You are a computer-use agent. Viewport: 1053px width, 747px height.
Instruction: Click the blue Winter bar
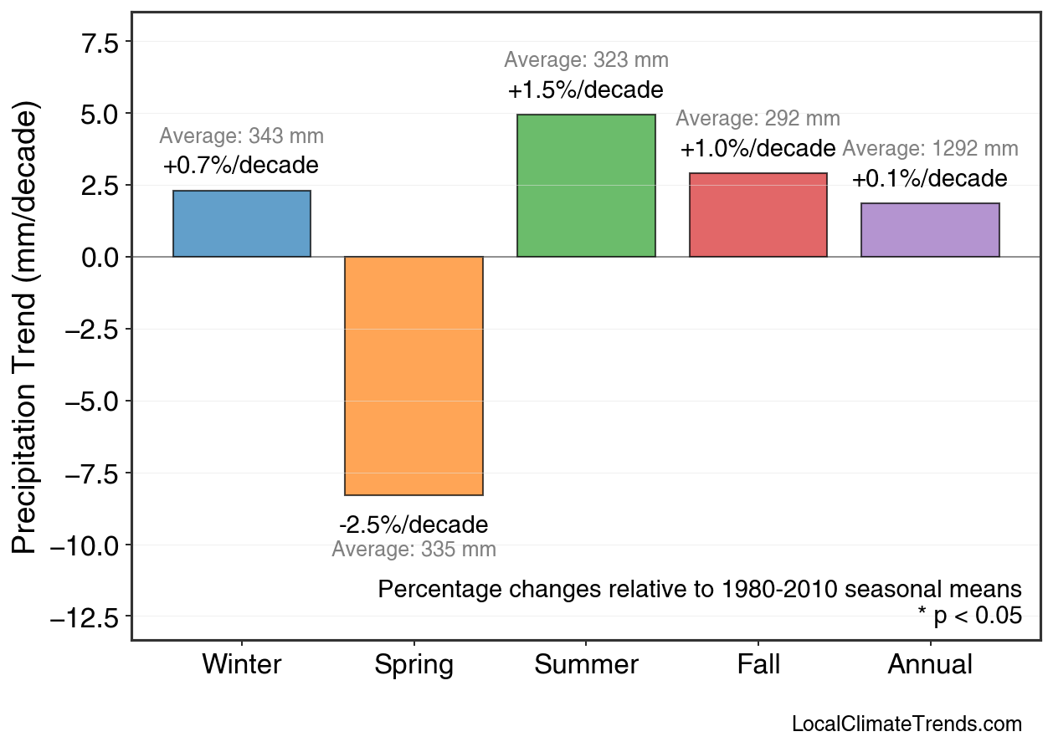(x=241, y=224)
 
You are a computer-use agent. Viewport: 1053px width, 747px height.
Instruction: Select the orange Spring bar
(x=413, y=376)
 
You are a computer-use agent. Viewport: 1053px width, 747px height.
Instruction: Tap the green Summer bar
(x=586, y=186)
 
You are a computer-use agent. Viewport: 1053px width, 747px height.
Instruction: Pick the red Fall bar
(x=758, y=215)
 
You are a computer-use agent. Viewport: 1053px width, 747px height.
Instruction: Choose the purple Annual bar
(x=930, y=230)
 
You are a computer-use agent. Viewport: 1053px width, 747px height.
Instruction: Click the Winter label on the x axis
(x=242, y=665)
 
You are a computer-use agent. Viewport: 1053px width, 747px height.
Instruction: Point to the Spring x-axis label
(x=413, y=665)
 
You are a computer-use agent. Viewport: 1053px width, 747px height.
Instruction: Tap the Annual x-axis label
(x=930, y=665)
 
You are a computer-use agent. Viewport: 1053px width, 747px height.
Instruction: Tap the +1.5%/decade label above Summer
(x=585, y=90)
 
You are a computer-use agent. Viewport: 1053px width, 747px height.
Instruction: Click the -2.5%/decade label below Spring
(x=413, y=525)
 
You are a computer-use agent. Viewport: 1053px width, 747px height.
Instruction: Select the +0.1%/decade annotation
(x=929, y=179)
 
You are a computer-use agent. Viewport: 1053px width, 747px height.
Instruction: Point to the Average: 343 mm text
(x=241, y=136)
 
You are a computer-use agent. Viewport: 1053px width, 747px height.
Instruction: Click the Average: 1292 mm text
(x=930, y=150)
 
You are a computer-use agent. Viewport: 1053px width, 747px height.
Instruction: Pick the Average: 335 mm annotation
(x=413, y=550)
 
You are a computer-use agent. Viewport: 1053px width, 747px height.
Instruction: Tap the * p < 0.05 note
(x=969, y=617)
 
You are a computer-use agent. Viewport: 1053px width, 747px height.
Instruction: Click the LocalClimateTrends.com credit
(x=907, y=724)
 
